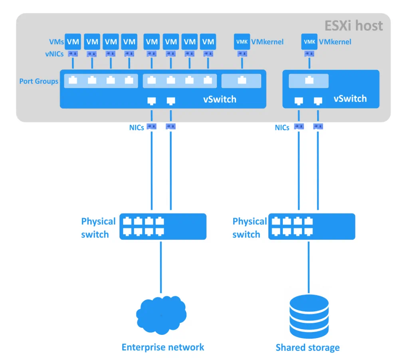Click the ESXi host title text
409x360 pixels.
point(353,26)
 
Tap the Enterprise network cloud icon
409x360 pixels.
point(161,315)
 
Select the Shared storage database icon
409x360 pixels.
point(308,317)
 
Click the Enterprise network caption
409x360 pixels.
point(163,347)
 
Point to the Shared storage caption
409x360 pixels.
point(308,348)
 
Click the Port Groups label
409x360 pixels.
point(39,81)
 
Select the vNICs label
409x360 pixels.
point(54,54)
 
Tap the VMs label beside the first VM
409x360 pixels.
point(56,42)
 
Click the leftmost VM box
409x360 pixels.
point(73,42)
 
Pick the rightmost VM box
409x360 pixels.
point(208,42)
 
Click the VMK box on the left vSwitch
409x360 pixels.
point(242,42)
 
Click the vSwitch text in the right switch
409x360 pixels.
point(350,99)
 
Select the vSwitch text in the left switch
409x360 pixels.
point(220,99)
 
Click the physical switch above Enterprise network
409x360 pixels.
point(163,227)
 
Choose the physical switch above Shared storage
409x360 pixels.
point(312,227)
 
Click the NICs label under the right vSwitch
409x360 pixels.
point(282,128)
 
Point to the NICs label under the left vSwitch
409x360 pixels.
point(137,128)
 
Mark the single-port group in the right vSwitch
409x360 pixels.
point(309,81)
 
